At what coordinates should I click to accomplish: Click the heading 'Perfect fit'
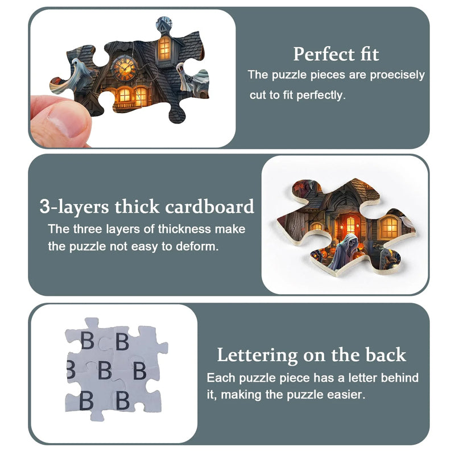click(336, 54)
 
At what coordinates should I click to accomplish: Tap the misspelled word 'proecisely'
click(397, 76)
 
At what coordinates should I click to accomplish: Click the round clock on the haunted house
click(125, 68)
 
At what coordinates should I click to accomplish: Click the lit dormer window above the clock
click(164, 48)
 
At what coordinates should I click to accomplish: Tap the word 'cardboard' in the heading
click(209, 206)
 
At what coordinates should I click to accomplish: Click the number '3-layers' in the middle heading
click(75, 207)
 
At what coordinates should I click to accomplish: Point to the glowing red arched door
click(350, 225)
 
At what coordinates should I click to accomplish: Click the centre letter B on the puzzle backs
click(105, 370)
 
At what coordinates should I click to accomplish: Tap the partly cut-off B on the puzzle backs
click(71, 370)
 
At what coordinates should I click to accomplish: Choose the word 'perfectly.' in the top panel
click(321, 96)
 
